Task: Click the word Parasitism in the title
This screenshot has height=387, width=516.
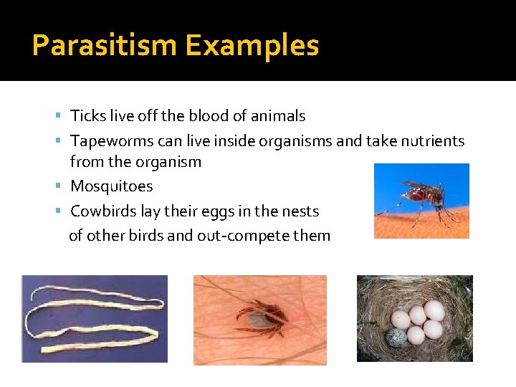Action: coord(105,46)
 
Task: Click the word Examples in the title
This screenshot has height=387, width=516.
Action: coord(252,46)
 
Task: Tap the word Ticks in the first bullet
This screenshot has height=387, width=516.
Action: coord(87,116)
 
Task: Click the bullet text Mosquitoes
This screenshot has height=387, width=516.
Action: coord(111,186)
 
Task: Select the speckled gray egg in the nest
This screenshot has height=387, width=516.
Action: coord(396,338)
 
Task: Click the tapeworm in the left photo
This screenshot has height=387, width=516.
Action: coord(93,319)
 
